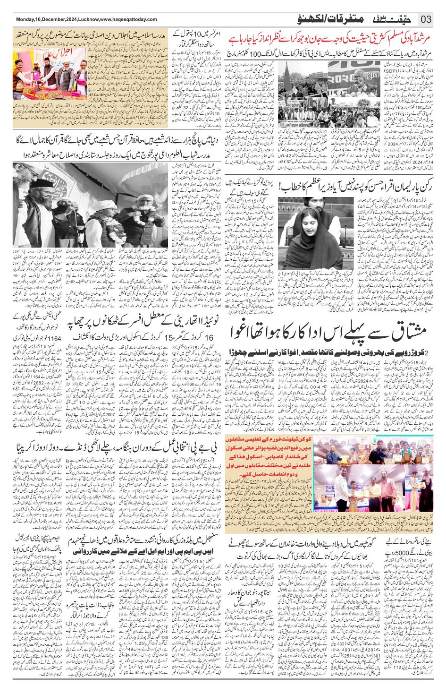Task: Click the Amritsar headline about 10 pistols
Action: [x=190, y=38]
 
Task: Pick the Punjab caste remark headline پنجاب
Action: [x=97, y=619]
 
